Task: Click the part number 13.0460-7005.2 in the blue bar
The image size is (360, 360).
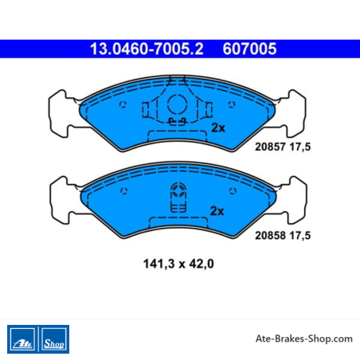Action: click(147, 49)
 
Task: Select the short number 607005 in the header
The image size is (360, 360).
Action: click(249, 49)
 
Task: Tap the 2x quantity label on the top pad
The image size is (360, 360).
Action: click(218, 128)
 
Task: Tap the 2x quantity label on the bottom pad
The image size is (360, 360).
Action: click(217, 211)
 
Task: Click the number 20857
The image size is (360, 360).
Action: click(270, 147)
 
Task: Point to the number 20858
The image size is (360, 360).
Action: click(270, 236)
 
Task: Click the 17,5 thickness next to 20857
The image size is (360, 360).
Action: click(300, 147)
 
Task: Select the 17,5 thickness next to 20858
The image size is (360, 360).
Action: click(300, 236)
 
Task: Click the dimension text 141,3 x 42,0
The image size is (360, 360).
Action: click(178, 264)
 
